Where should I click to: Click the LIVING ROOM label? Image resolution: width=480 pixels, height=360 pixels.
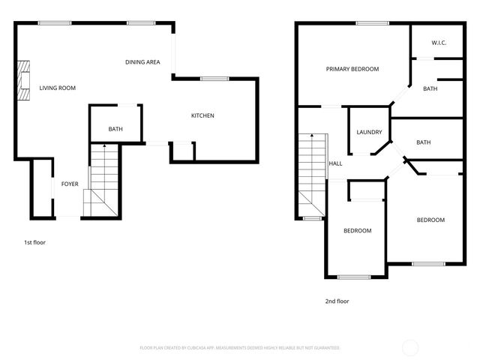[x=58, y=88]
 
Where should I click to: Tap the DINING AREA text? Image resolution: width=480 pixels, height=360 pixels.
[x=142, y=62]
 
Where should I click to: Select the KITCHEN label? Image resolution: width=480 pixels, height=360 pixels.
[x=202, y=115]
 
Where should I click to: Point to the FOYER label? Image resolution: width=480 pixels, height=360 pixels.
[x=70, y=184]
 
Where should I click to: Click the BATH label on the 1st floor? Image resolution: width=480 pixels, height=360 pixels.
[x=115, y=129]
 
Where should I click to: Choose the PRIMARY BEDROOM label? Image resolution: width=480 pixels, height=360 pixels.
[x=352, y=69]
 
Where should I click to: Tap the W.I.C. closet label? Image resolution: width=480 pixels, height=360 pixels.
[x=439, y=43]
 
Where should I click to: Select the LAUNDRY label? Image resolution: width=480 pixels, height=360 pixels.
[x=369, y=132]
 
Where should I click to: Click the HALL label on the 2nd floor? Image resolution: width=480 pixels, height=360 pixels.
[x=335, y=163]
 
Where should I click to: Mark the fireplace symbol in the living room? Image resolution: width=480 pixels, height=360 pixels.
[x=23, y=78]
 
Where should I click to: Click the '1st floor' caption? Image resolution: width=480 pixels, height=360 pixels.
[x=34, y=242]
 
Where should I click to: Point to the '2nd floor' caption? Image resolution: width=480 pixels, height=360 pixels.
[x=337, y=301]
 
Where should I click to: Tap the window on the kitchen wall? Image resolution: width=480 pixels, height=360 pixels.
[x=214, y=79]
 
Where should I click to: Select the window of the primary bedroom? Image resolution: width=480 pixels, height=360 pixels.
[x=366, y=23]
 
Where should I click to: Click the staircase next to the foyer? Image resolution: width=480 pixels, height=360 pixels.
[x=103, y=180]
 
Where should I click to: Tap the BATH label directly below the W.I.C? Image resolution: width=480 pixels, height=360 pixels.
[x=430, y=89]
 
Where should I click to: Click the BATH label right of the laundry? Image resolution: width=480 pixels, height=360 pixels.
[x=424, y=142]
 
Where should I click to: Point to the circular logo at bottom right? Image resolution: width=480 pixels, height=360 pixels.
[x=410, y=347]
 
